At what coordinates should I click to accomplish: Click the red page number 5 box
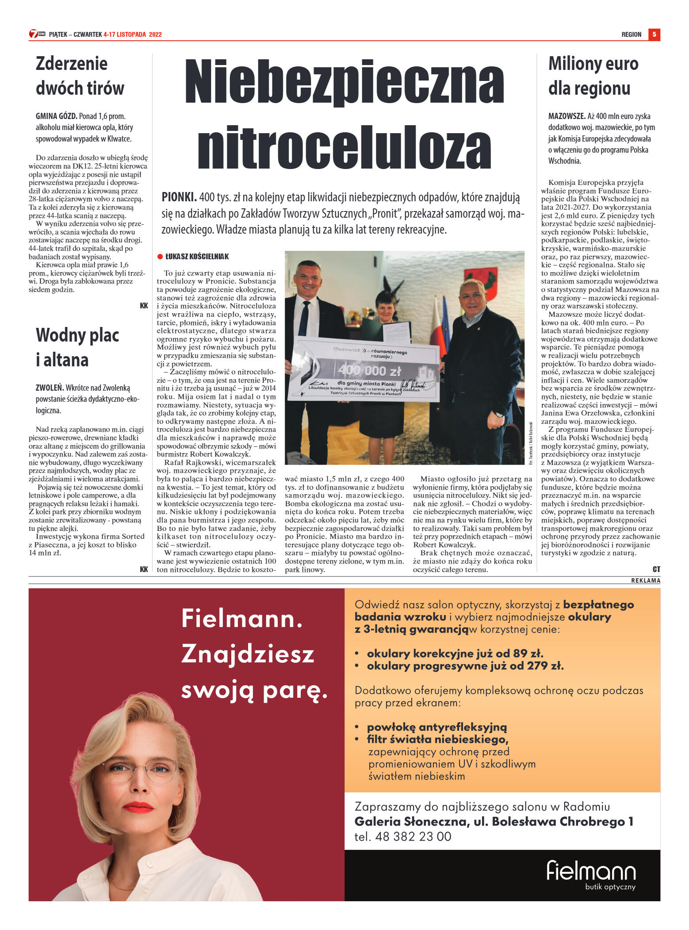click(654, 34)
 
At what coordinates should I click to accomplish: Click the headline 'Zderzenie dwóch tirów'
click(80, 76)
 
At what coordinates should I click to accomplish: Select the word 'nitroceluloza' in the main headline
click(344, 148)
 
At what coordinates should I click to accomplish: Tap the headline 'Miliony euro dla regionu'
click(593, 76)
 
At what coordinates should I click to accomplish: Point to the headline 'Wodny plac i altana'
click(77, 347)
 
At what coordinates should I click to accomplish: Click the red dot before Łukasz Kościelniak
click(160, 257)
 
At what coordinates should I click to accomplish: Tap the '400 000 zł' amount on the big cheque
click(369, 370)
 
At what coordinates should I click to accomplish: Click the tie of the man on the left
click(304, 319)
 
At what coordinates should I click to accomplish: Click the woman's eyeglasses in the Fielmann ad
click(141, 769)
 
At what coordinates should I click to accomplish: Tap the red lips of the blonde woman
click(138, 807)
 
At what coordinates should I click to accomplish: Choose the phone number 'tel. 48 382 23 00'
click(402, 837)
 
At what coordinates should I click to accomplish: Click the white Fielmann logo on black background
click(591, 872)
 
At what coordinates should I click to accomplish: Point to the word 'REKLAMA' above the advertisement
click(645, 580)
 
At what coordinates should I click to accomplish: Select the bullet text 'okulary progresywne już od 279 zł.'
click(465, 666)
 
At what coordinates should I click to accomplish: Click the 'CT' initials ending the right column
click(656, 569)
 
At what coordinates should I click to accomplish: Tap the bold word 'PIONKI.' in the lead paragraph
click(179, 197)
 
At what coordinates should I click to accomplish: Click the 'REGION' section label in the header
click(631, 35)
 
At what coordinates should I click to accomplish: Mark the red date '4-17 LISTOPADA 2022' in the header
click(133, 35)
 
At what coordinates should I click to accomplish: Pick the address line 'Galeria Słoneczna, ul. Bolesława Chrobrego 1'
click(494, 822)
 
